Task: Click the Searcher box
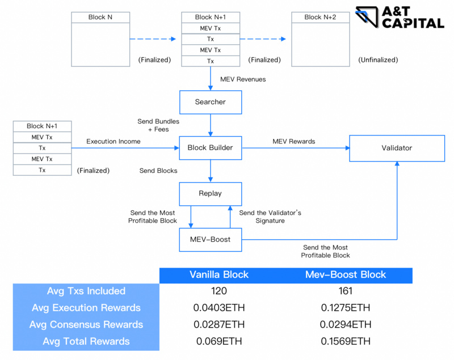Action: (x=210, y=102)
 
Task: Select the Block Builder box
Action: (x=210, y=148)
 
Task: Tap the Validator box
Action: (x=397, y=148)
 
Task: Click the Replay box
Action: (x=210, y=193)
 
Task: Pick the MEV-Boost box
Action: (x=210, y=239)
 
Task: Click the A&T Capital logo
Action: (x=400, y=18)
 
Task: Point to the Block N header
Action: (x=100, y=17)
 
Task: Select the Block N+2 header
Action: (x=320, y=17)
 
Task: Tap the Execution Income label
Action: (x=113, y=141)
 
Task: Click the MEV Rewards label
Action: (x=293, y=141)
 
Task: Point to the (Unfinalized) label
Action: (x=379, y=60)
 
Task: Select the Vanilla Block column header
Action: (x=219, y=275)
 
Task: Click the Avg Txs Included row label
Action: (x=86, y=291)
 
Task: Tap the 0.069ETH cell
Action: (x=219, y=341)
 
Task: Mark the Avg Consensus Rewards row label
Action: (x=86, y=325)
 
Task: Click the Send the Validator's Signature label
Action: (x=270, y=217)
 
